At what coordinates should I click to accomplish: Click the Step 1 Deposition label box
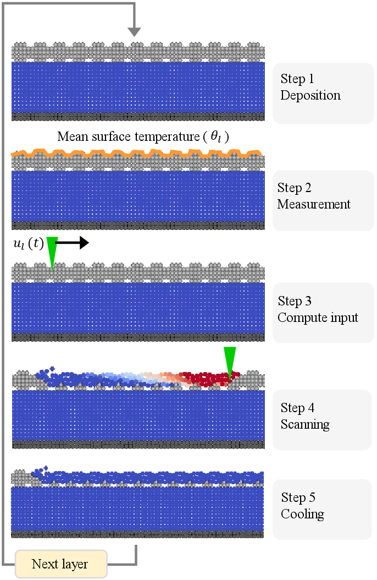(x=323, y=93)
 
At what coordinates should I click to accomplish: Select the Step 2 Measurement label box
(x=323, y=200)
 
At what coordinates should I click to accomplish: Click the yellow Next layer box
(x=60, y=564)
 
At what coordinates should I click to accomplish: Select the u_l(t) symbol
(x=28, y=244)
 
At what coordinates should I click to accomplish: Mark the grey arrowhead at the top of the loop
(x=134, y=32)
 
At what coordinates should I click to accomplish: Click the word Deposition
(x=311, y=95)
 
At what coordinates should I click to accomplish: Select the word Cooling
(x=302, y=515)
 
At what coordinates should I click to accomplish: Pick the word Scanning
(x=305, y=424)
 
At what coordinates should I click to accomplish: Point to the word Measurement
(x=314, y=205)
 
